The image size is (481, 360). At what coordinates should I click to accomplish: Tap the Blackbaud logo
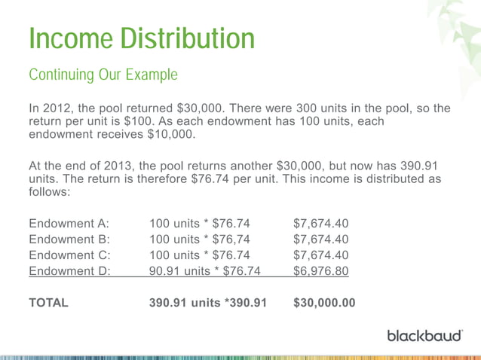pos(424,334)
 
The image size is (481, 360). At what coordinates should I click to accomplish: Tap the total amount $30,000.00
pos(323,304)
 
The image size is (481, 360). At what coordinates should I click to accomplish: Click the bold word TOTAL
pos(48,304)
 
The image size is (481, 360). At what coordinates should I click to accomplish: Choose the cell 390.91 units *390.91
pos(208,304)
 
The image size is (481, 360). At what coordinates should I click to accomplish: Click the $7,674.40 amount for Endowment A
pos(320,224)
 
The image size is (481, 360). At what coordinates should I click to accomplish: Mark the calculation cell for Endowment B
pos(200,239)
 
